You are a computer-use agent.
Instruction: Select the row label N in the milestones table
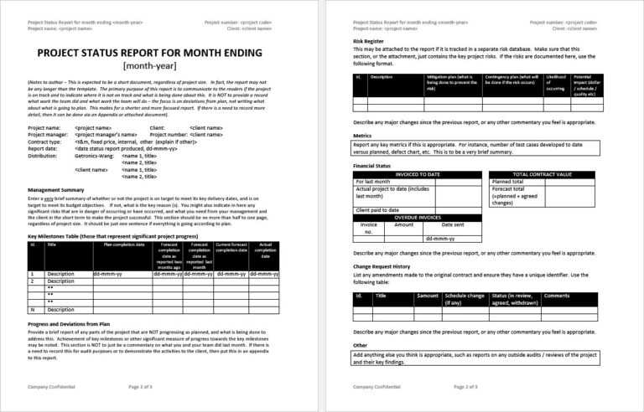tap(32, 309)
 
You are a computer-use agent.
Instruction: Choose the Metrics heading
tap(362, 135)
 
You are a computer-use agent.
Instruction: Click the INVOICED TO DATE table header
tap(417, 174)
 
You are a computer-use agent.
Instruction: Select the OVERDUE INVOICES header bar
tap(417, 217)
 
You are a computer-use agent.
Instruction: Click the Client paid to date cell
tap(380, 209)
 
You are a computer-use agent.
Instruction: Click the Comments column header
tap(557, 296)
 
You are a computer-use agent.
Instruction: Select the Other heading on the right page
tap(360, 345)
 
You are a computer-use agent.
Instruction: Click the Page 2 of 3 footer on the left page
tap(139, 387)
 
